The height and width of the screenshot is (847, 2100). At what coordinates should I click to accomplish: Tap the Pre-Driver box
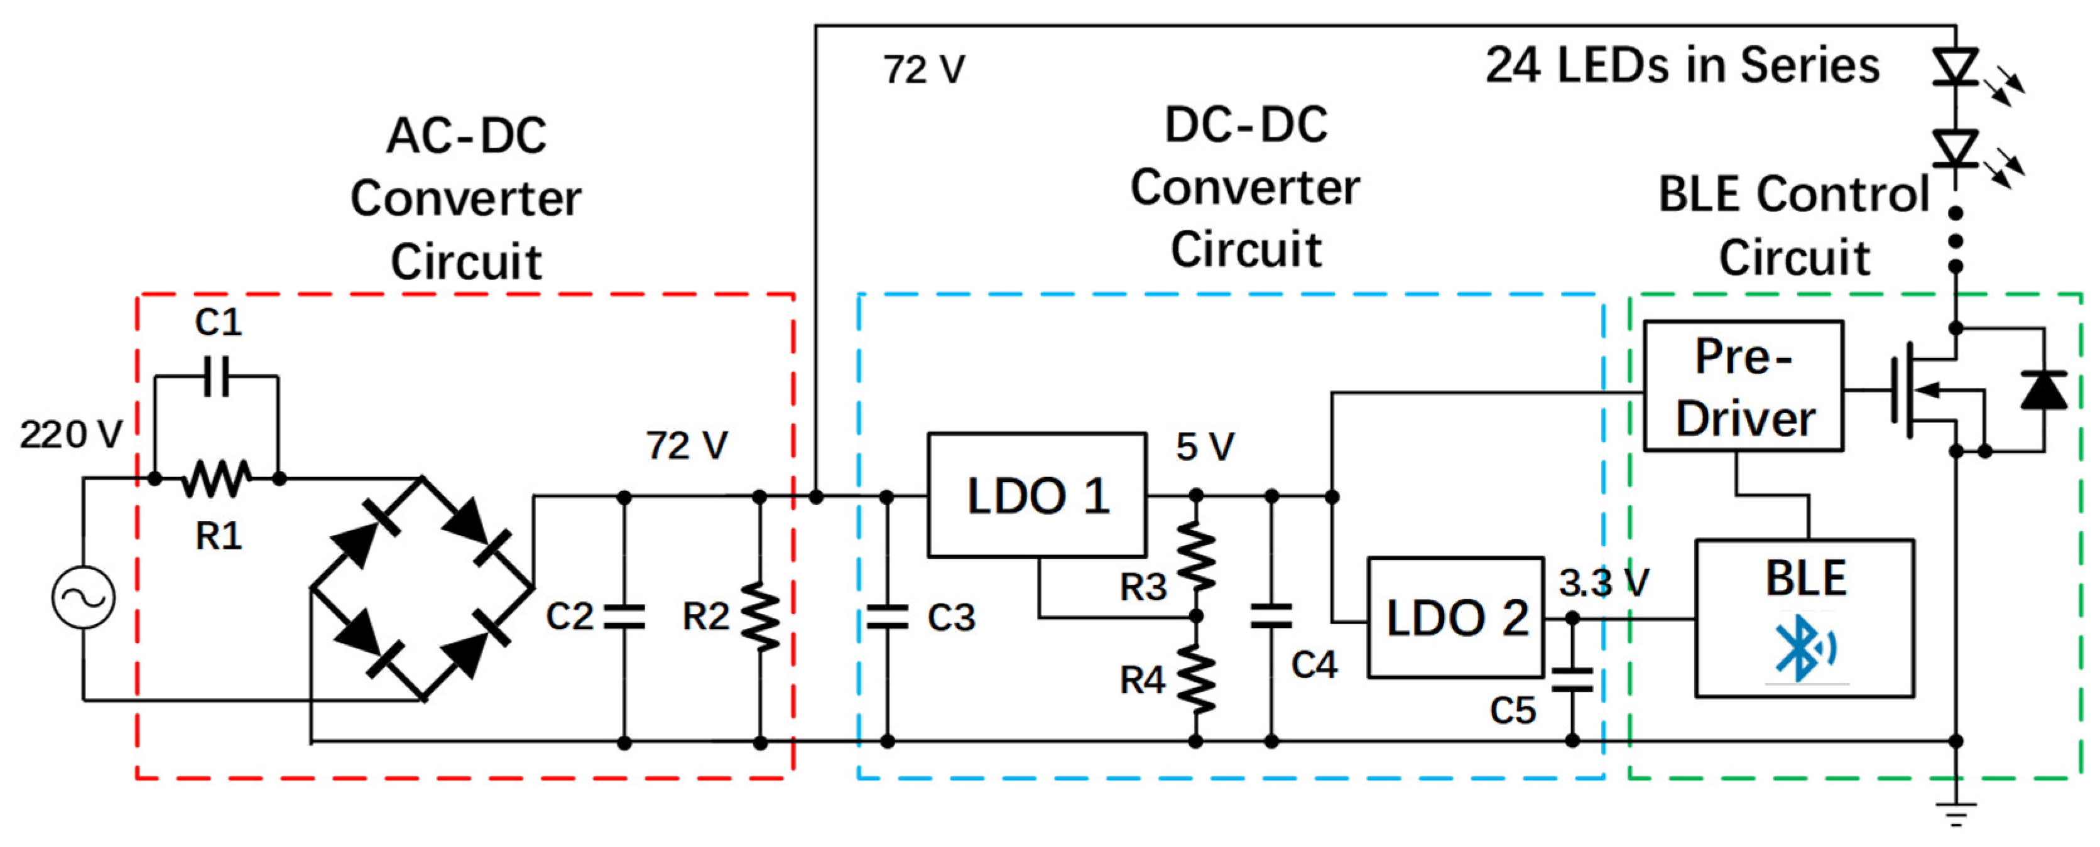coord(1743,386)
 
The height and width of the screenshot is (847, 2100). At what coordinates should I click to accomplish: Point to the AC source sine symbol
coord(83,598)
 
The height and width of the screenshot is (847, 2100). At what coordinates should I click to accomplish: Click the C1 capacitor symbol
coord(217,376)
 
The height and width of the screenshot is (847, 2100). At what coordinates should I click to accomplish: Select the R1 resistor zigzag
coord(216,478)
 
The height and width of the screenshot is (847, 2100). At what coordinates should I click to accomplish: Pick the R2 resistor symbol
coord(760,617)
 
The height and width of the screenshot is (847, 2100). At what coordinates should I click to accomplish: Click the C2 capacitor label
coord(569,617)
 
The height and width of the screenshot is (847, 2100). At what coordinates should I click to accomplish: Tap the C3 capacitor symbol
coord(887,617)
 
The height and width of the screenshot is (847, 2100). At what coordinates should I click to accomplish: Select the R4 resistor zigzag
coord(1196,679)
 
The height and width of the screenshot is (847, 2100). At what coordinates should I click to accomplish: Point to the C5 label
coord(1512,711)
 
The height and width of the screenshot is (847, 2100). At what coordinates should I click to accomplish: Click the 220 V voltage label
coord(71,434)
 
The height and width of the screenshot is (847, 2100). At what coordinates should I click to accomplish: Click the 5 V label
coord(1205,447)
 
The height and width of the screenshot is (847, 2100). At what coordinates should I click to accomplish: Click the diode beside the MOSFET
coord(2043,390)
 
